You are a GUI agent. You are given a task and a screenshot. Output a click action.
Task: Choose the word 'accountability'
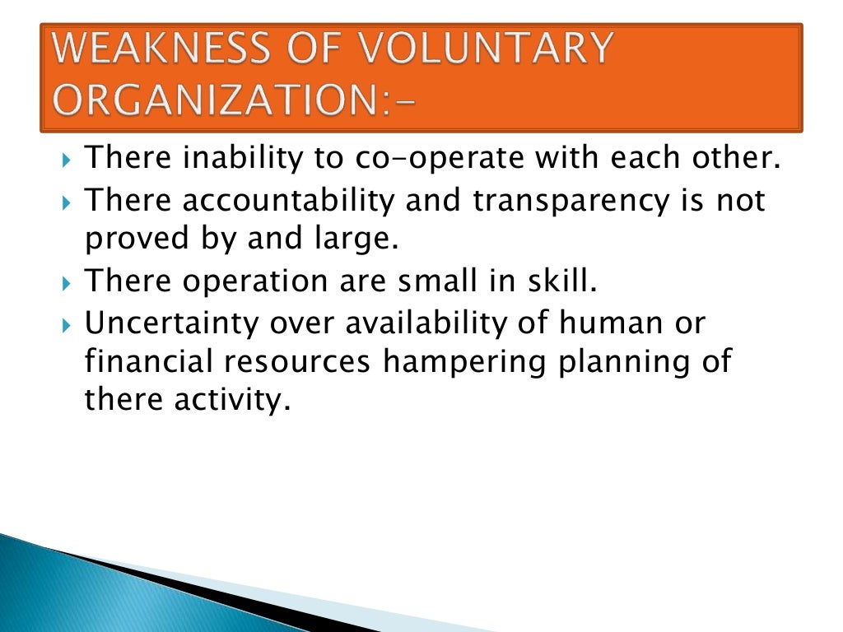[291, 200]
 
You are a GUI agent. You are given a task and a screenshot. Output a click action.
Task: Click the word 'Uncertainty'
[172, 323]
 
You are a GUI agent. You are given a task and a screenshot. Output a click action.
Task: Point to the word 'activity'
[240, 403]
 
